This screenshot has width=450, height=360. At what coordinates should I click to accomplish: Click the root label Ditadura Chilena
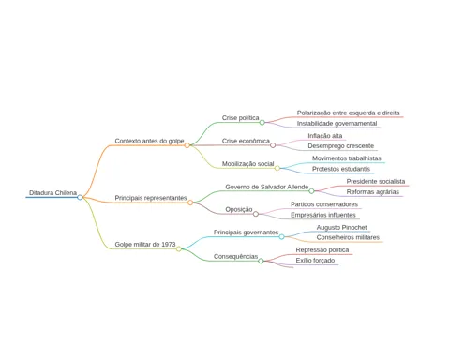[52, 193]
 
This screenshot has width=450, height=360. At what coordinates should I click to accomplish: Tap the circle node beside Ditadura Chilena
[80, 197]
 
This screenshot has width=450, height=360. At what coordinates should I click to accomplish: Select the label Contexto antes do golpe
[149, 141]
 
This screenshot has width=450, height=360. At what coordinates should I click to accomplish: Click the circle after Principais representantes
[190, 202]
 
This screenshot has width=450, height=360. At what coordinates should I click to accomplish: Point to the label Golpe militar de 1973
[145, 245]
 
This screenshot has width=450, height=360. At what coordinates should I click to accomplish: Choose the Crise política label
[241, 118]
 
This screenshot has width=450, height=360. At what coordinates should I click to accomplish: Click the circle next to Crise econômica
[273, 145]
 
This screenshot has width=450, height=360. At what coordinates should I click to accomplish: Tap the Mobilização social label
[247, 164]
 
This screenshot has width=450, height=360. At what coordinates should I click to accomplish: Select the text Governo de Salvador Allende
[267, 187]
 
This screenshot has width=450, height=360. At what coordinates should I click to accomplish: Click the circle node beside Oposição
[256, 214]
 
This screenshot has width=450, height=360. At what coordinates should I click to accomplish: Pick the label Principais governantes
[246, 232]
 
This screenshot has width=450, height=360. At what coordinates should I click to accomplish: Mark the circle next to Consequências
[261, 261]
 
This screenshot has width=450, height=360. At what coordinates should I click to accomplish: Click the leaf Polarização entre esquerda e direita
[348, 112]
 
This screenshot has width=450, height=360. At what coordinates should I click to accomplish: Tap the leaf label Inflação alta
[325, 136]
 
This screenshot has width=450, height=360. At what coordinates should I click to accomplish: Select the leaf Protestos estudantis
[341, 169]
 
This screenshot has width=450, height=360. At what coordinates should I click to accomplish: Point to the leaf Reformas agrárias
[373, 192]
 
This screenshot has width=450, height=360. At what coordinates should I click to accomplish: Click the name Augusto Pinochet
[341, 228]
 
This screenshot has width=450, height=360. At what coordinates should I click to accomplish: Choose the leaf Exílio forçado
[315, 261]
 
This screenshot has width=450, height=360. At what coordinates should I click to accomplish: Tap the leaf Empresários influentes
[323, 215]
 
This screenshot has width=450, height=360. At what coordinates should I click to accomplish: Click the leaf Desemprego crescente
[341, 146]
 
